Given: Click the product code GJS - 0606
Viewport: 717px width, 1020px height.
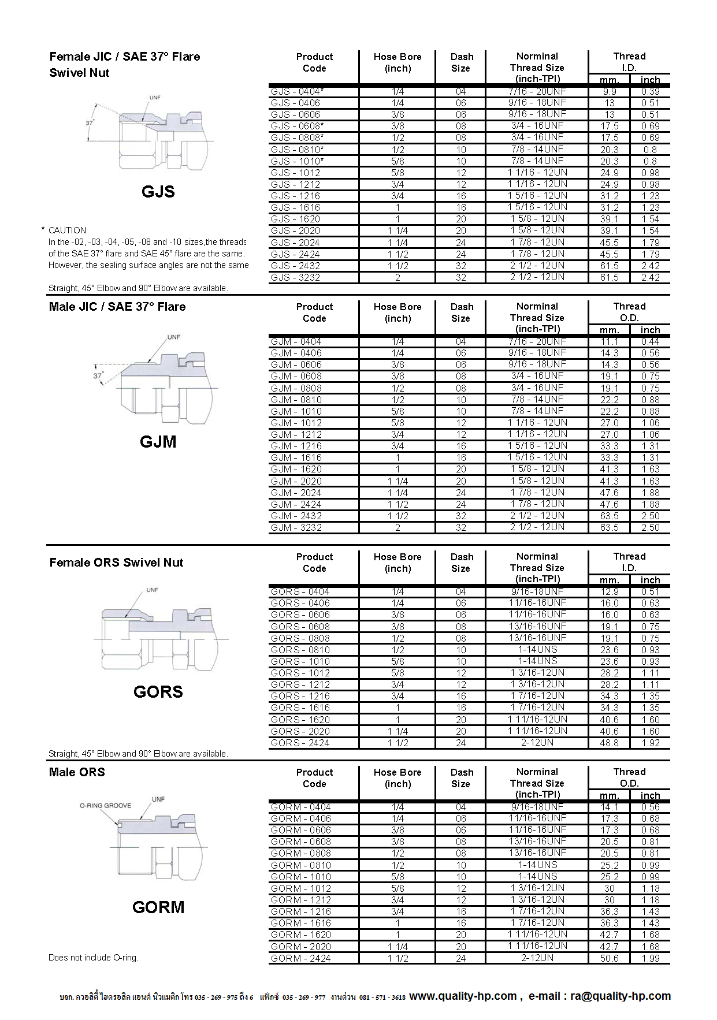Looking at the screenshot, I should [295, 114].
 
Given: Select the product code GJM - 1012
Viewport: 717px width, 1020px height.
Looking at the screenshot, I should [296, 423].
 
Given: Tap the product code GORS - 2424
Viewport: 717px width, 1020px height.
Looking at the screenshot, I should [300, 743].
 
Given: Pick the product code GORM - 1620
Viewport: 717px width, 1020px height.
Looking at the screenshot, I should [301, 935].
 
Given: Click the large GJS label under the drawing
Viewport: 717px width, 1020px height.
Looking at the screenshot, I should [158, 192].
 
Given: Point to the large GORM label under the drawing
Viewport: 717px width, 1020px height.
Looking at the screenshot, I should [158, 907].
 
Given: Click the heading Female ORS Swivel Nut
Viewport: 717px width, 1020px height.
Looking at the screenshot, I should [116, 563].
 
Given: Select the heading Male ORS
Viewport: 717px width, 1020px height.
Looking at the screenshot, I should [77, 772].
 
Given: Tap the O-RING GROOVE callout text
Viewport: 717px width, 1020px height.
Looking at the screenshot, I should [105, 806].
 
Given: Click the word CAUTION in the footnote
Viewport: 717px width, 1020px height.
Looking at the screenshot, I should [68, 230].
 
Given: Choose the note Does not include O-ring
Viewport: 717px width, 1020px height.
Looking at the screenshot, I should [94, 958].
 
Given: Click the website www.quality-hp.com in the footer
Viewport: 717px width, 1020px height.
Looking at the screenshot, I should [463, 996].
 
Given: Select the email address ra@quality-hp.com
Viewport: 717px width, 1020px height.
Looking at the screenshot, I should [621, 996].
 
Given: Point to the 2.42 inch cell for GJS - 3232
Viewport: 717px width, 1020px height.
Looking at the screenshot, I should [650, 277].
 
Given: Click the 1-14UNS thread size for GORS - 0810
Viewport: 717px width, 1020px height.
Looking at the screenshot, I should [537, 650].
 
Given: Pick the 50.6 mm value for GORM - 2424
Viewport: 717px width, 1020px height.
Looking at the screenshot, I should [609, 958].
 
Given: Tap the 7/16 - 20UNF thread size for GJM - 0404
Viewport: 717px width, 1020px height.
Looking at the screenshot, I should [537, 341].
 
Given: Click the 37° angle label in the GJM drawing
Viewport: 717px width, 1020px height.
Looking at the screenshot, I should [98, 375].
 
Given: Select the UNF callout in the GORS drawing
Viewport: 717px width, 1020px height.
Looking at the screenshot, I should [152, 590].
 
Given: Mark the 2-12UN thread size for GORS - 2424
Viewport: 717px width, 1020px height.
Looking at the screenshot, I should [537, 743].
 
